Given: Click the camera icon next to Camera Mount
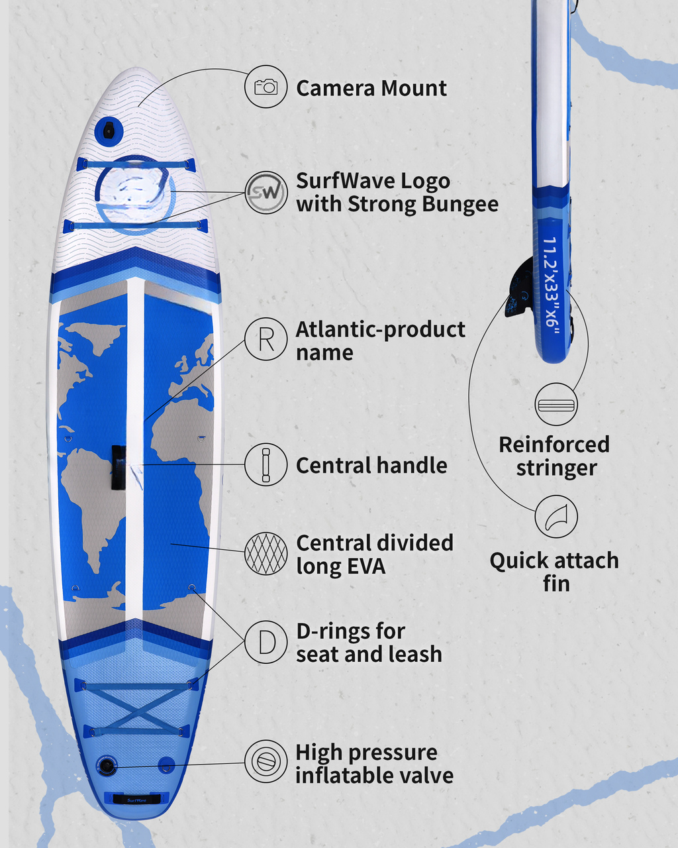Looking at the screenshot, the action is pyautogui.click(x=266, y=87).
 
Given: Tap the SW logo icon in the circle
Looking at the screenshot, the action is pyautogui.click(x=266, y=192).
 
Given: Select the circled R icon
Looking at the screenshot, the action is pyautogui.click(x=266, y=339).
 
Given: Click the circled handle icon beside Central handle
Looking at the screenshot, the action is pyautogui.click(x=266, y=464).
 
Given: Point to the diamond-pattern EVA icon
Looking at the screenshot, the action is pyautogui.click(x=266, y=553).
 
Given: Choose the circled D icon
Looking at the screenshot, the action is pyautogui.click(x=266, y=643).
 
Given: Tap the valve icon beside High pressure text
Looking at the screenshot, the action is pyautogui.click(x=266, y=761).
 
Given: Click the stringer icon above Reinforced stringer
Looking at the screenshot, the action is pyautogui.click(x=556, y=404).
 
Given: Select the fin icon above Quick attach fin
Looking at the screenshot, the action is pyautogui.click(x=556, y=517).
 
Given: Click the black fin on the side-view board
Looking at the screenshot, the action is pyautogui.click(x=519, y=288).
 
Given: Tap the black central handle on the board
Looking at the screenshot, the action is pyautogui.click(x=119, y=467).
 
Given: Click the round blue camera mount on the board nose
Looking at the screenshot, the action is pyautogui.click(x=109, y=131).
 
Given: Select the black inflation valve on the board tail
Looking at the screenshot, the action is pyautogui.click(x=107, y=766).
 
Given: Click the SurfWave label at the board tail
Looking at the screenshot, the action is pyautogui.click(x=136, y=800).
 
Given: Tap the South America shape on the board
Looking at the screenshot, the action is pyautogui.click(x=93, y=504).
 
